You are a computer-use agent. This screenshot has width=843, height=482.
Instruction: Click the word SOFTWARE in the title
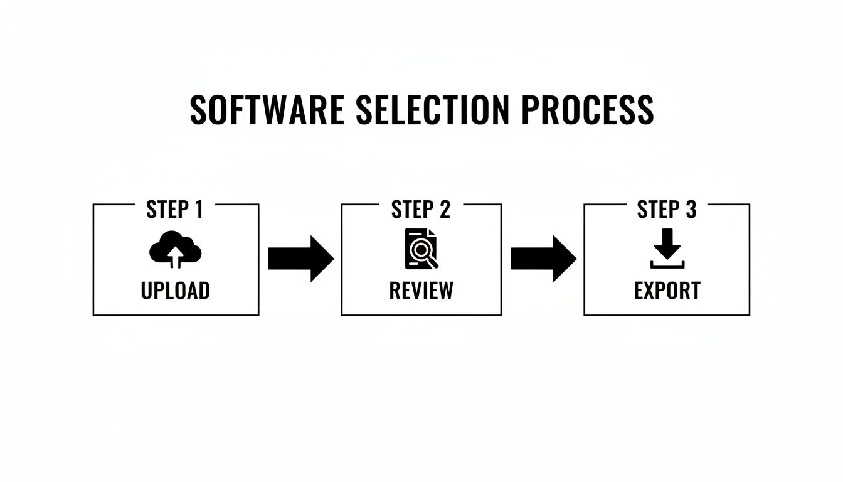pos(267,110)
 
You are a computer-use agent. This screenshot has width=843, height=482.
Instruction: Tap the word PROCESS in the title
pos(587,110)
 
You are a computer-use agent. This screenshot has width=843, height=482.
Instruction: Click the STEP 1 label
pos(174,210)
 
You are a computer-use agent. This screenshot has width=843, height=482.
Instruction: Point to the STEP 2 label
pos(421,210)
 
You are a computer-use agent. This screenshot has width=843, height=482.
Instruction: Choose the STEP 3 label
pos(667,210)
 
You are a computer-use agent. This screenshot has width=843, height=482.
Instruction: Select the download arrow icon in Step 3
pos(667,249)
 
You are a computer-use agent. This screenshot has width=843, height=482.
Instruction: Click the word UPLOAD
pos(176,291)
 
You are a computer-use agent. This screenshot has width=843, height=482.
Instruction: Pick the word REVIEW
pos(421,291)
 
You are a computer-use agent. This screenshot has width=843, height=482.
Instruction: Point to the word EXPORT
pos(667,291)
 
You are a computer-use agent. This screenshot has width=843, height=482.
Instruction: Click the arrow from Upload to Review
pos(300,259)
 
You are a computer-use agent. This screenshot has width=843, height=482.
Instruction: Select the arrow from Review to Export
pos(543,259)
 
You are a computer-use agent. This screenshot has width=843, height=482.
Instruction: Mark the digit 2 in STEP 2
pos(444,210)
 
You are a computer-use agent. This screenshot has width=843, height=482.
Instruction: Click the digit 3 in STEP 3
pos(690,210)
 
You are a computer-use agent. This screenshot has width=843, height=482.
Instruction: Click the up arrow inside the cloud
pos(176,256)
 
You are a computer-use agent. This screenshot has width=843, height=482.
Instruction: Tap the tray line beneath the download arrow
pos(667,266)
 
